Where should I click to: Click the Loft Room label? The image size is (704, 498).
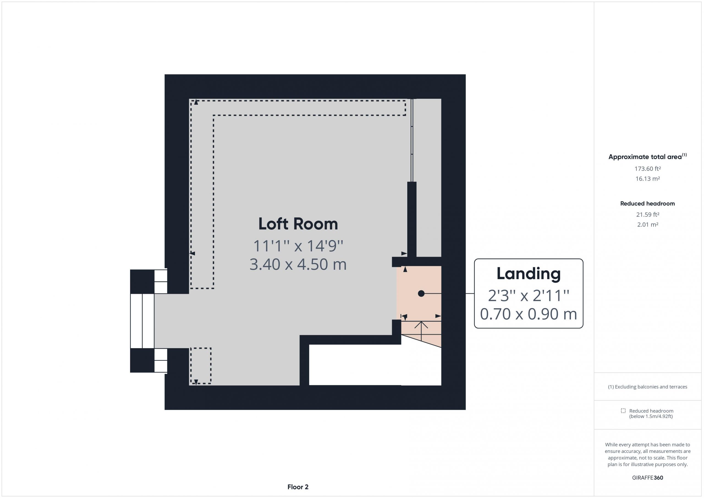tap(298, 224)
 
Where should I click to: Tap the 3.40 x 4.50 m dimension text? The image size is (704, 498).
tap(298, 264)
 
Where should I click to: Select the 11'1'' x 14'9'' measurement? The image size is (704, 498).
tap(298, 246)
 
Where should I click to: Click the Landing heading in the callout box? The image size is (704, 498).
tap(528, 274)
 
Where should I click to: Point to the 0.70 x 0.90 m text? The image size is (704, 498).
tap(528, 314)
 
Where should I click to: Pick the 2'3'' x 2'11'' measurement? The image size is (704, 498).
tap(528, 295)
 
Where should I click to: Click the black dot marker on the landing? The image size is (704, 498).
tap(421, 293)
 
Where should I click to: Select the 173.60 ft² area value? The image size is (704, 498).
tap(648, 169)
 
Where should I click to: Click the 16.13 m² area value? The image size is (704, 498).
tap(648, 178)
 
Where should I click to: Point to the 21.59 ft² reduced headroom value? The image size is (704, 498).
tap(648, 215)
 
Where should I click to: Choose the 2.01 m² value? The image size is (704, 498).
tap(648, 224)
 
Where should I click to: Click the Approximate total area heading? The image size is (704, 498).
tap(648, 156)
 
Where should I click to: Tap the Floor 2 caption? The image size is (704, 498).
tap(298, 487)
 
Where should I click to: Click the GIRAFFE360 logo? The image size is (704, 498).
tap(648, 478)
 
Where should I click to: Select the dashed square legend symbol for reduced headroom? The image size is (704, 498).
tap(623, 411)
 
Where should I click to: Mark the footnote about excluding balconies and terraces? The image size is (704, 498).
tap(648, 387)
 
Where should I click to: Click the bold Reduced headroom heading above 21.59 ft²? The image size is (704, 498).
tap(648, 203)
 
